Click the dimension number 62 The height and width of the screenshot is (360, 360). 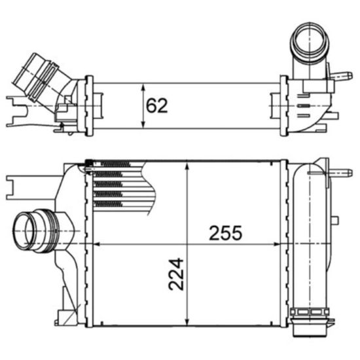pyautogui.click(x=157, y=105)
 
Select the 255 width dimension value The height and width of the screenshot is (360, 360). pyautogui.click(x=225, y=232)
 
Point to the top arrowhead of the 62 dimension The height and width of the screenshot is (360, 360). pyautogui.click(x=143, y=86)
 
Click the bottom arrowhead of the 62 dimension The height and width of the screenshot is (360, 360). pyautogui.click(x=143, y=126)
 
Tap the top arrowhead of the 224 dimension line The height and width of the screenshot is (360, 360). pyautogui.click(x=188, y=166)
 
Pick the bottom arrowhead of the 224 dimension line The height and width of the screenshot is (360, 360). pyautogui.click(x=188, y=321)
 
